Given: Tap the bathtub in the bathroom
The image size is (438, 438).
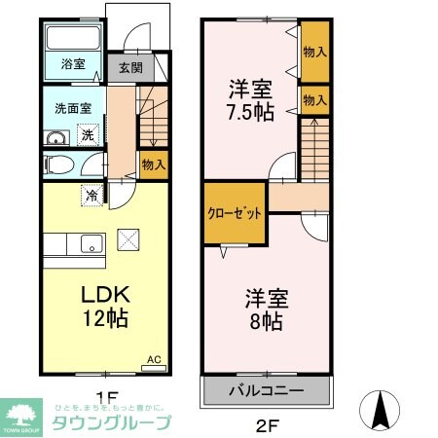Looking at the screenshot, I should point(74,40).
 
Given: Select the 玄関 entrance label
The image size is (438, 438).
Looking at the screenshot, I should point(129,68).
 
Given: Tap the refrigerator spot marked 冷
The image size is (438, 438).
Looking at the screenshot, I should point(92,195).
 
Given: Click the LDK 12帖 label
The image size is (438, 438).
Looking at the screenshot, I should point(97,305).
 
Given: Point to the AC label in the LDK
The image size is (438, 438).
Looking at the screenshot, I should point(153,359).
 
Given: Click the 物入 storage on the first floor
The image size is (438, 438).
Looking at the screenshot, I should point(153,164).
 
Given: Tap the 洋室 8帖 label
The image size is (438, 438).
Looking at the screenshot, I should point(263,308).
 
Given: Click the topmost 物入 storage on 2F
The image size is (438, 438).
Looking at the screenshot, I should point(314,50).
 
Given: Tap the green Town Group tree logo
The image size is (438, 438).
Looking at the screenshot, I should point(19,414).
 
